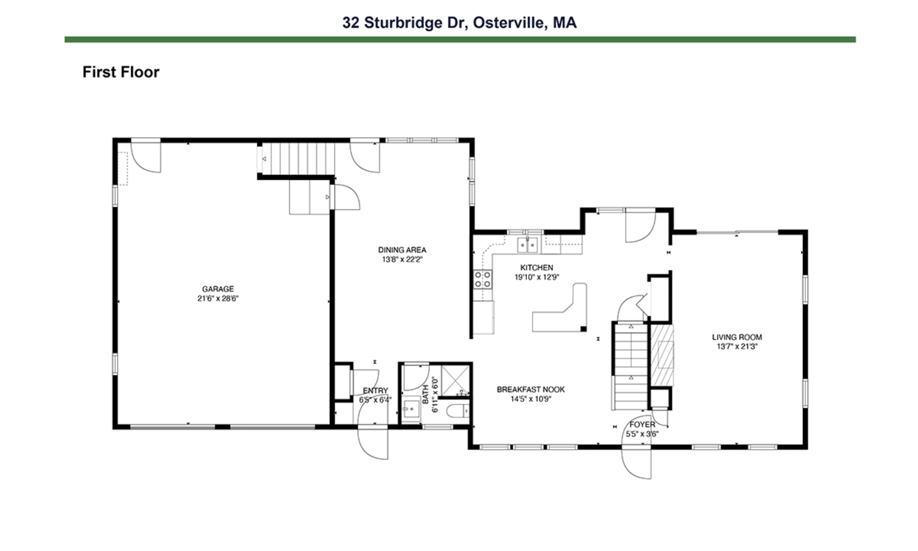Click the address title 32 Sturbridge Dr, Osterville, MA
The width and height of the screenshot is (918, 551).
click(x=459, y=22)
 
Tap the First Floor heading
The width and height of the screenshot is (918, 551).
click(x=121, y=72)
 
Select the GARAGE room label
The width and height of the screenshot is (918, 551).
click(x=218, y=289)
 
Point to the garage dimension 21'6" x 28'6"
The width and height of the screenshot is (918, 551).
click(x=218, y=298)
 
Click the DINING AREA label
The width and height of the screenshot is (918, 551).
click(x=402, y=250)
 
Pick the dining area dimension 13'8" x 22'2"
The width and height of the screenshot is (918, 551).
click(x=402, y=259)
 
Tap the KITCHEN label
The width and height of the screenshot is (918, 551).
click(x=536, y=267)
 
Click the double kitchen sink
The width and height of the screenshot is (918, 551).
click(x=527, y=245)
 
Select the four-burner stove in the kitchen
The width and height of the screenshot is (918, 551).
click(x=482, y=279)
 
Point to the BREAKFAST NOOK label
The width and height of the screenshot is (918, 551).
click(x=531, y=389)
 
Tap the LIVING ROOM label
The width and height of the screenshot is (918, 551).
click(x=737, y=337)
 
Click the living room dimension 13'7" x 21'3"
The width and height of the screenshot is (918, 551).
click(x=737, y=346)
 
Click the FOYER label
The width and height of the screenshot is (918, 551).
click(x=642, y=424)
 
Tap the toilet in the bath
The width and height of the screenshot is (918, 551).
click(x=459, y=411)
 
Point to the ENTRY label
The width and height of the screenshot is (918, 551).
click(x=375, y=390)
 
